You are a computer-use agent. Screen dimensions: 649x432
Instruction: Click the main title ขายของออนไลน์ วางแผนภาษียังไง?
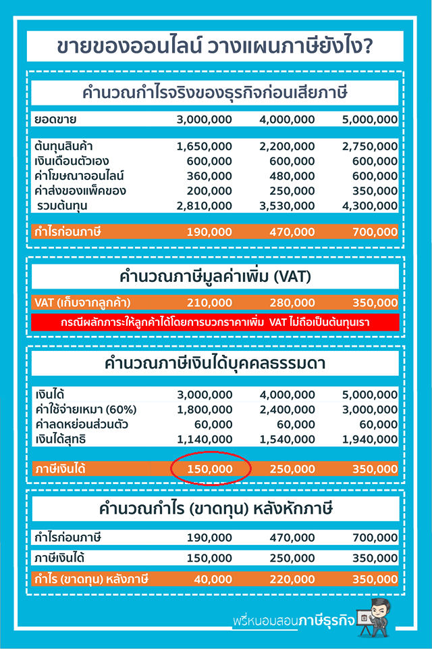click(x=215, y=47)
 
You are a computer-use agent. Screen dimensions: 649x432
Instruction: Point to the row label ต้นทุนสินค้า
click(x=63, y=146)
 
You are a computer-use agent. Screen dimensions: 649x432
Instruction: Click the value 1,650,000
click(x=204, y=146)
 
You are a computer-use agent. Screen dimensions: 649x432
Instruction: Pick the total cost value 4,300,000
click(x=370, y=206)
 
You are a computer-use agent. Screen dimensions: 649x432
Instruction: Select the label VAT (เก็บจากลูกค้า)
click(x=82, y=302)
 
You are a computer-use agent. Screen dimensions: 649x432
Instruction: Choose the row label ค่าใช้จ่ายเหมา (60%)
click(x=85, y=410)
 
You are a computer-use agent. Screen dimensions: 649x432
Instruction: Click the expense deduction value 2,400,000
click(x=287, y=410)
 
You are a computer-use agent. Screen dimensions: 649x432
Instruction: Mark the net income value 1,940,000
click(x=370, y=439)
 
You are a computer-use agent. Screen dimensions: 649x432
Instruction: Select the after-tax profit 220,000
click(x=292, y=579)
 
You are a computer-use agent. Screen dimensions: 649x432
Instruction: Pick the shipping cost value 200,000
click(x=209, y=191)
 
